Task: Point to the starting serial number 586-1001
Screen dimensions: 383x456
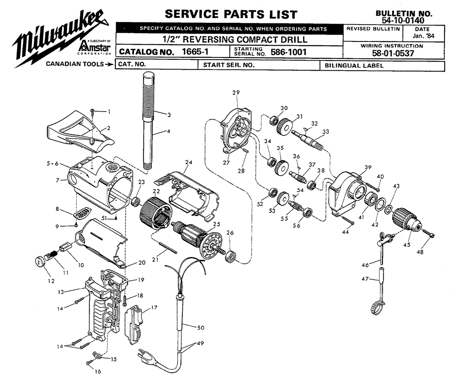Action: tap(288, 52)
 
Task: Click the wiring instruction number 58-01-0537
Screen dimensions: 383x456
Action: tap(392, 53)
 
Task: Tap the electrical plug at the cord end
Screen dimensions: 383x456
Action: tap(148, 353)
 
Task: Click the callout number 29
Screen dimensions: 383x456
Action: tap(236, 93)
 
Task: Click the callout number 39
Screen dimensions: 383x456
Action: tap(368, 168)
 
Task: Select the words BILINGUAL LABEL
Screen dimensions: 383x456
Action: tap(353, 66)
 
